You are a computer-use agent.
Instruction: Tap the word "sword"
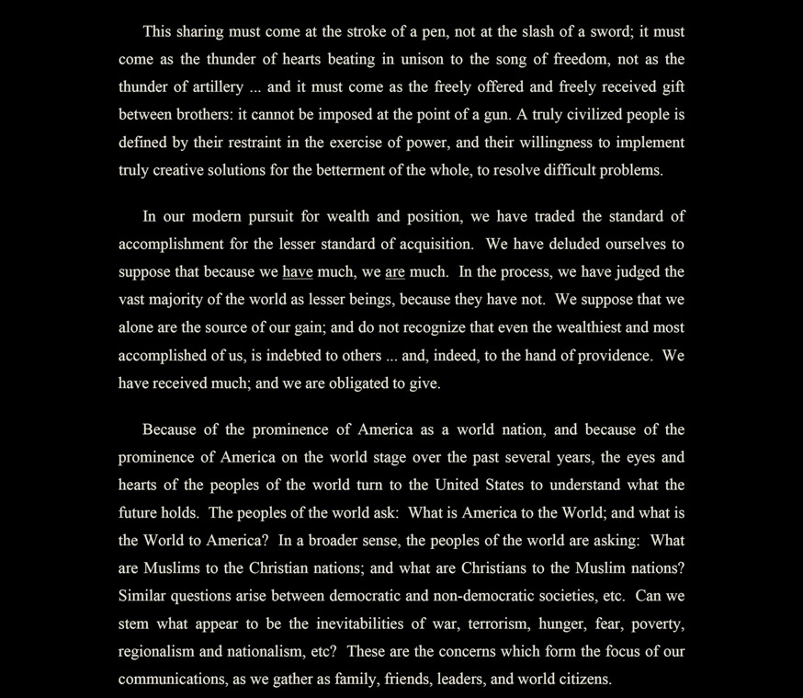[607, 32]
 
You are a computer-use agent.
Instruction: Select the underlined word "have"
[298, 271]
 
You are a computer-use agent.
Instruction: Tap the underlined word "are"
[395, 271]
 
